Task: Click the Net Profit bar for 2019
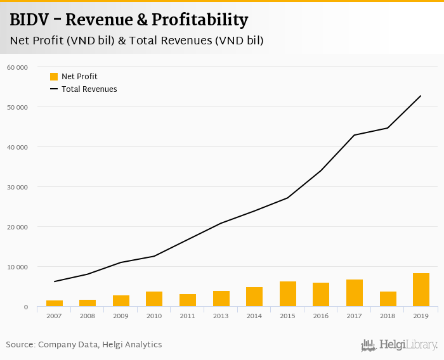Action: (x=421, y=290)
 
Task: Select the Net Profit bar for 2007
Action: (x=55, y=304)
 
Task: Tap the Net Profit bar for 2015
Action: (x=288, y=294)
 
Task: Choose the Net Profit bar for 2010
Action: (x=154, y=299)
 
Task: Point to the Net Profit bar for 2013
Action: (x=221, y=299)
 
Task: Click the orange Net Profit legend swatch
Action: (x=54, y=77)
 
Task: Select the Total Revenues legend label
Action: (x=89, y=89)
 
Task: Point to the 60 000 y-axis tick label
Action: (x=18, y=67)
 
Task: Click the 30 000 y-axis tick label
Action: (x=18, y=187)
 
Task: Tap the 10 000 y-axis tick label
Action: (x=18, y=267)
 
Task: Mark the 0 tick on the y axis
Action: (x=26, y=307)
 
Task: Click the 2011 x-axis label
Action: (x=188, y=316)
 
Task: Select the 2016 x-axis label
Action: (x=321, y=316)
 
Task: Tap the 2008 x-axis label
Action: (x=88, y=316)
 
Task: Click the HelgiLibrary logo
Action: (x=399, y=345)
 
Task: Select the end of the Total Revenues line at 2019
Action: (x=421, y=96)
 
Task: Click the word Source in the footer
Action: (x=20, y=345)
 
